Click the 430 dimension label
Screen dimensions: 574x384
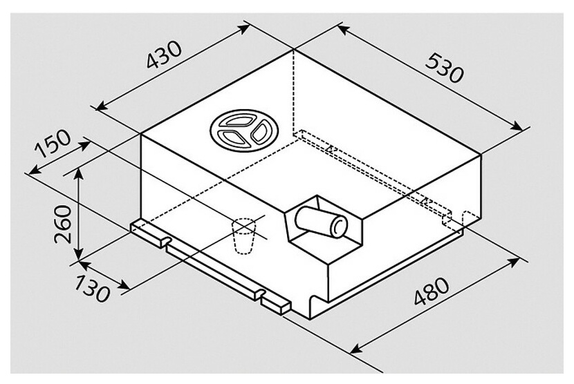164,55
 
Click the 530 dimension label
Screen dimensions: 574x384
445,68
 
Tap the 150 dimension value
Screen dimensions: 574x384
53,143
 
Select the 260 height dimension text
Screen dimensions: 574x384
62,224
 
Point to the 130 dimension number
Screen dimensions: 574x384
92,289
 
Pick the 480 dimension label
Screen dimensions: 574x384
432,291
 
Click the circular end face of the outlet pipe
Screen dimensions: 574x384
339,226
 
